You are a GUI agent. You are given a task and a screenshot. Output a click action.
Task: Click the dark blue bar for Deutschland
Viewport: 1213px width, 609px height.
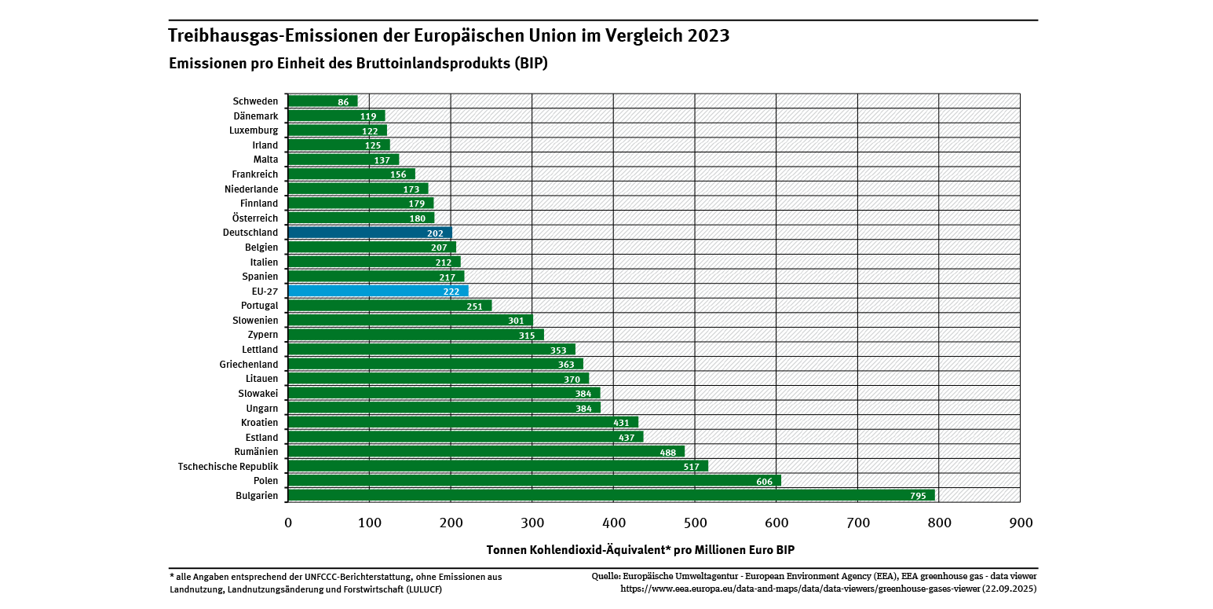(x=369, y=233)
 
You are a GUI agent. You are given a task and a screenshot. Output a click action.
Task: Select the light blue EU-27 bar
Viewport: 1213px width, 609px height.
(x=377, y=291)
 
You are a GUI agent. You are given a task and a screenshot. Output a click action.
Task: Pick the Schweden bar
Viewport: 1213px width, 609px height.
(x=322, y=101)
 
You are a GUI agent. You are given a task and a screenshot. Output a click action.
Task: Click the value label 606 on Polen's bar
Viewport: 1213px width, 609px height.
(x=764, y=481)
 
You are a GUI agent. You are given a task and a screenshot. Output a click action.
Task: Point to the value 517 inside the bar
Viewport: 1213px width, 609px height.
(x=691, y=467)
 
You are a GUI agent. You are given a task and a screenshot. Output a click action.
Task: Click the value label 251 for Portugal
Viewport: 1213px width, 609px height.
(x=474, y=306)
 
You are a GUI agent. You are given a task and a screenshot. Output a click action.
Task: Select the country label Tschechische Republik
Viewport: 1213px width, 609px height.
(x=228, y=466)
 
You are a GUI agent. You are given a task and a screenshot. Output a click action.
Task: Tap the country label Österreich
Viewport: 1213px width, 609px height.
(x=255, y=218)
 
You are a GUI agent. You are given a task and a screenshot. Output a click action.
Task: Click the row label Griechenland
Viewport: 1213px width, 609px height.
(x=248, y=364)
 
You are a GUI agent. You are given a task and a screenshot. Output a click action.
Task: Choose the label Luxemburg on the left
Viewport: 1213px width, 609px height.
(x=253, y=130)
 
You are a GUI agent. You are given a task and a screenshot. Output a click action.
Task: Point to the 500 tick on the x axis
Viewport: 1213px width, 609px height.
(x=695, y=523)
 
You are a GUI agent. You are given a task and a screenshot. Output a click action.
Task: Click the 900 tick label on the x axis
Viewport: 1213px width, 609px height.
(x=1020, y=523)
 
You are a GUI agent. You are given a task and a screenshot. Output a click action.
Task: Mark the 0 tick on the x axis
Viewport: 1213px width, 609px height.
(x=288, y=523)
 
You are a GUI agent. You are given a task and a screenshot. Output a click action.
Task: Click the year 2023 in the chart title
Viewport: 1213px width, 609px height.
(x=707, y=35)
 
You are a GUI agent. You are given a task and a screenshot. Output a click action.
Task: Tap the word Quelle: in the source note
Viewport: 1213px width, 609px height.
(x=608, y=576)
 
